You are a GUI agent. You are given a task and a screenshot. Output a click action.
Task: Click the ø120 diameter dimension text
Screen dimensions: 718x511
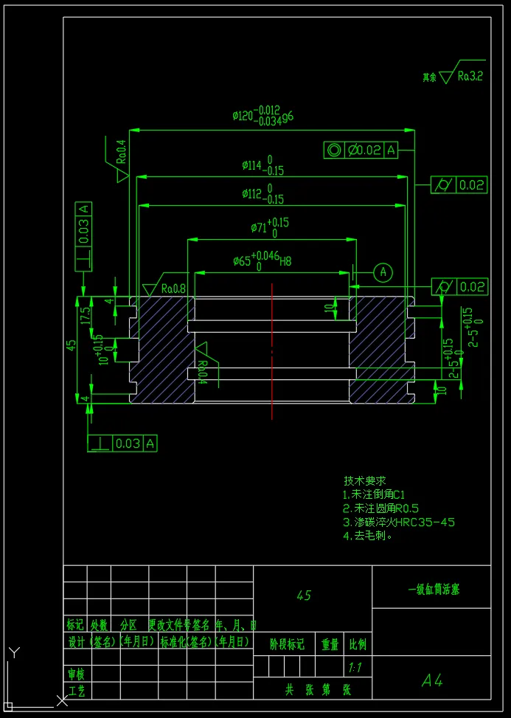point(263,116)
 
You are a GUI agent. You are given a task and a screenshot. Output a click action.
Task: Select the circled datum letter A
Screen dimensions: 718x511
point(383,272)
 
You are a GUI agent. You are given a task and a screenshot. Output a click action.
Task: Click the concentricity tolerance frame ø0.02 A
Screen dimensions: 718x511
point(361,151)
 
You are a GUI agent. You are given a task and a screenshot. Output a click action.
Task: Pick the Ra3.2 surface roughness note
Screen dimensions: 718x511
point(469,75)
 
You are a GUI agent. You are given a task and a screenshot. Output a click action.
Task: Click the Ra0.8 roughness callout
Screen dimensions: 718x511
point(173,289)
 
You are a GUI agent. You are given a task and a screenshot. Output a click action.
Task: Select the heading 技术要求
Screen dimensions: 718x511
point(365,480)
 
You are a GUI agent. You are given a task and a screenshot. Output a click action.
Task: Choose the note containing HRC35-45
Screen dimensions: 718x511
point(399,522)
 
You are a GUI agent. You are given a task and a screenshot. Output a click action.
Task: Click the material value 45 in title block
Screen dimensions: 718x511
point(303,595)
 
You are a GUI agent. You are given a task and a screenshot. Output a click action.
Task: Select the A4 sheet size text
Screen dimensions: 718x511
point(432,680)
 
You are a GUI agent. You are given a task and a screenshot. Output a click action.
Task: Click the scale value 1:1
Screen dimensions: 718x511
point(356,667)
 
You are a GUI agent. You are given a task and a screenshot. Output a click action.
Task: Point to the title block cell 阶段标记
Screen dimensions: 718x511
point(286,644)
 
